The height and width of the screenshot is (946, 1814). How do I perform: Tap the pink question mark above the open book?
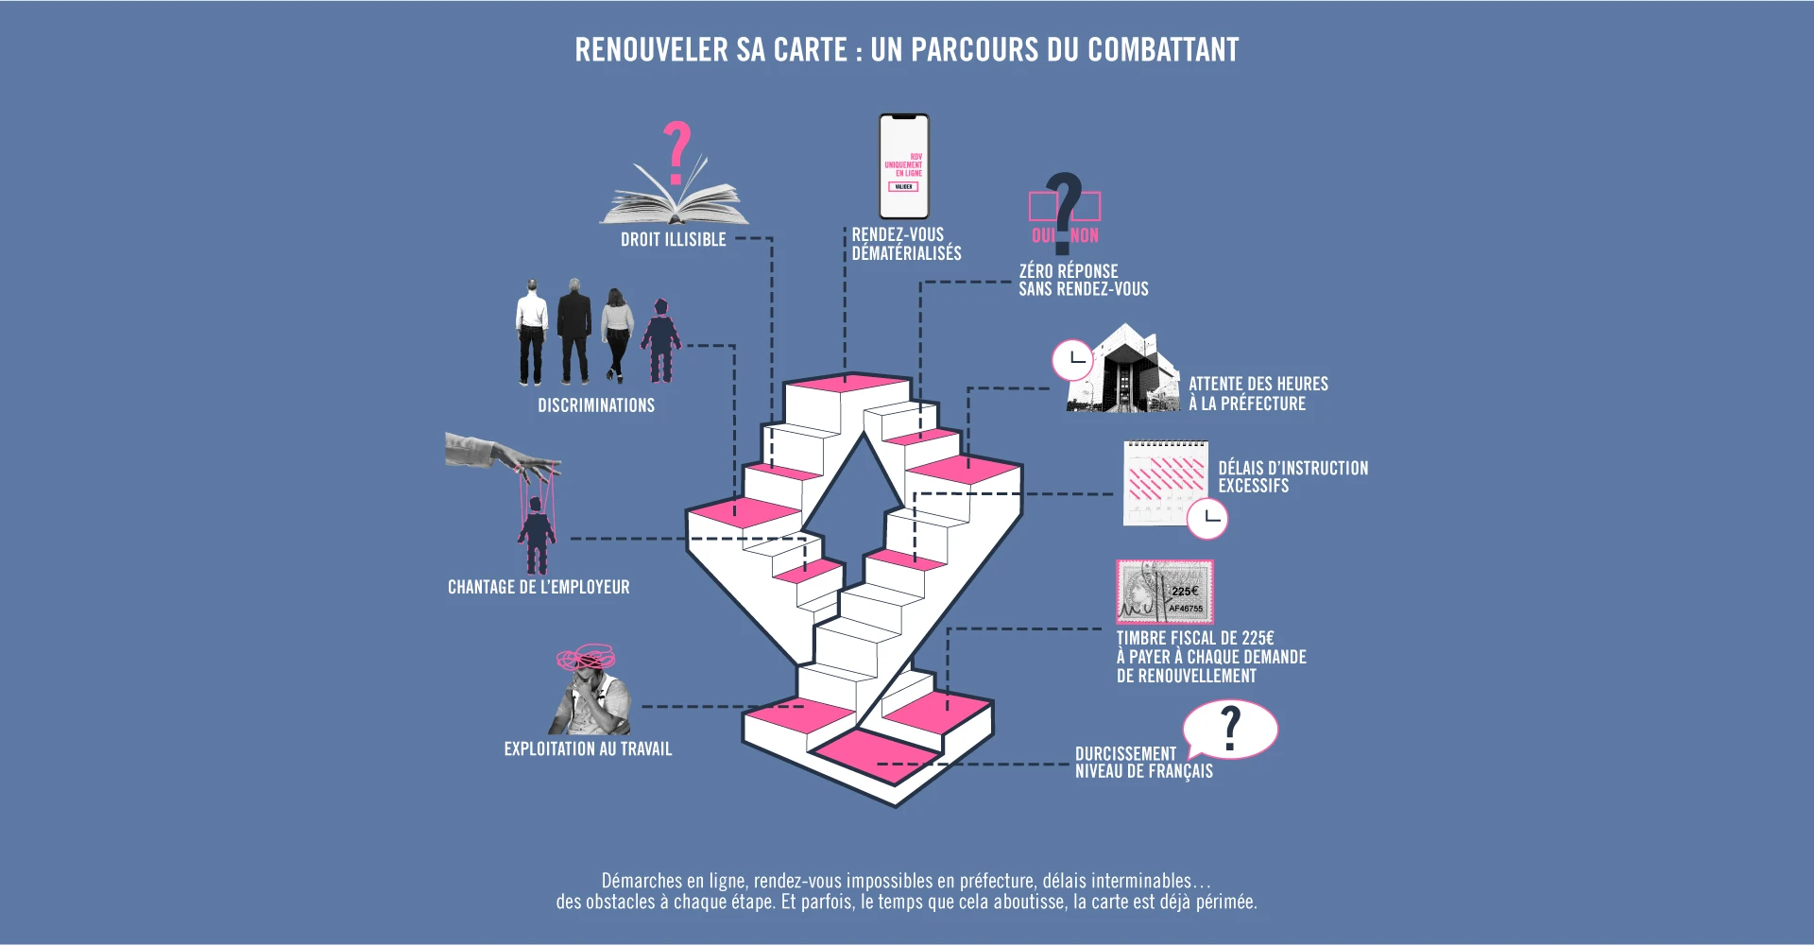coord(676,151)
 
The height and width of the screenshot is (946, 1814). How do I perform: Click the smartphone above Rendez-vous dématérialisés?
coord(904,166)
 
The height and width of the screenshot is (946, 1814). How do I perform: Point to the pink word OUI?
coord(1043,235)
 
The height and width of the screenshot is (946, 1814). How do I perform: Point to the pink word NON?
coord(1085,235)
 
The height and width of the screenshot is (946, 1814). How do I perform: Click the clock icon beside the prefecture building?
coord(1073,360)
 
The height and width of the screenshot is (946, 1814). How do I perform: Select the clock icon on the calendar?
coord(1207,519)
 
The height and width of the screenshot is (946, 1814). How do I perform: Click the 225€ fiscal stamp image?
coord(1165,592)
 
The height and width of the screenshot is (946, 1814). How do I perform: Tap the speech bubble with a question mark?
coord(1230,729)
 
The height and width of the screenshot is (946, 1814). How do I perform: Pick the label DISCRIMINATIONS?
coord(596,405)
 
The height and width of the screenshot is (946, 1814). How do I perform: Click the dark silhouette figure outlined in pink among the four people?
coord(660,340)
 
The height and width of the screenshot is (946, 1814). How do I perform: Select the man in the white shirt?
coord(532,332)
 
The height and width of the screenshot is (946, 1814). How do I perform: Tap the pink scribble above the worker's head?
coord(586,657)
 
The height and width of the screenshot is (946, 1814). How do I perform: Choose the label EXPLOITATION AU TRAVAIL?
coord(588,748)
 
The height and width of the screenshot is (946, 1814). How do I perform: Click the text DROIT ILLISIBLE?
coord(674,239)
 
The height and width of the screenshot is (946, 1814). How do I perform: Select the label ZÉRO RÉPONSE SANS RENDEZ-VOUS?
coord(1083,280)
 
